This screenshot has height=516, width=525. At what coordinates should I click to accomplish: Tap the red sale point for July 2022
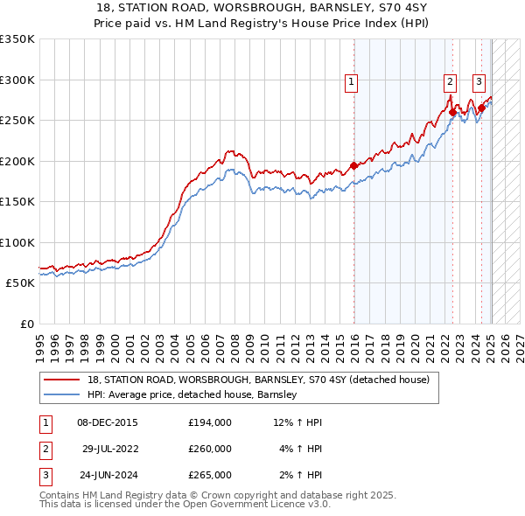point(452,112)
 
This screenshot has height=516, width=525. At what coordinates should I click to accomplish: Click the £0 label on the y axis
point(26,324)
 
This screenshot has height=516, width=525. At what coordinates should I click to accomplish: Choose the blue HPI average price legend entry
point(192,395)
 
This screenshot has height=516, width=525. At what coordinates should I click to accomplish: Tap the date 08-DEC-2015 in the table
point(107,422)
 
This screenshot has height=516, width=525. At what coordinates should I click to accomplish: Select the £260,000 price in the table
point(209,449)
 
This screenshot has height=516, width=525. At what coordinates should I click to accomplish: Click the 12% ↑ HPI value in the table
point(297,422)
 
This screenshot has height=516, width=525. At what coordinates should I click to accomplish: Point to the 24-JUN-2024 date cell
point(107,475)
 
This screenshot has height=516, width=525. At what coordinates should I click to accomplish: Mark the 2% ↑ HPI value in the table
point(300,475)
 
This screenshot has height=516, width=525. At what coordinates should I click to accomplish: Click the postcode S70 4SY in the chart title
point(353,8)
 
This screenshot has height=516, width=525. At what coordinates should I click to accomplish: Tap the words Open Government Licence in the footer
point(249,505)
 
